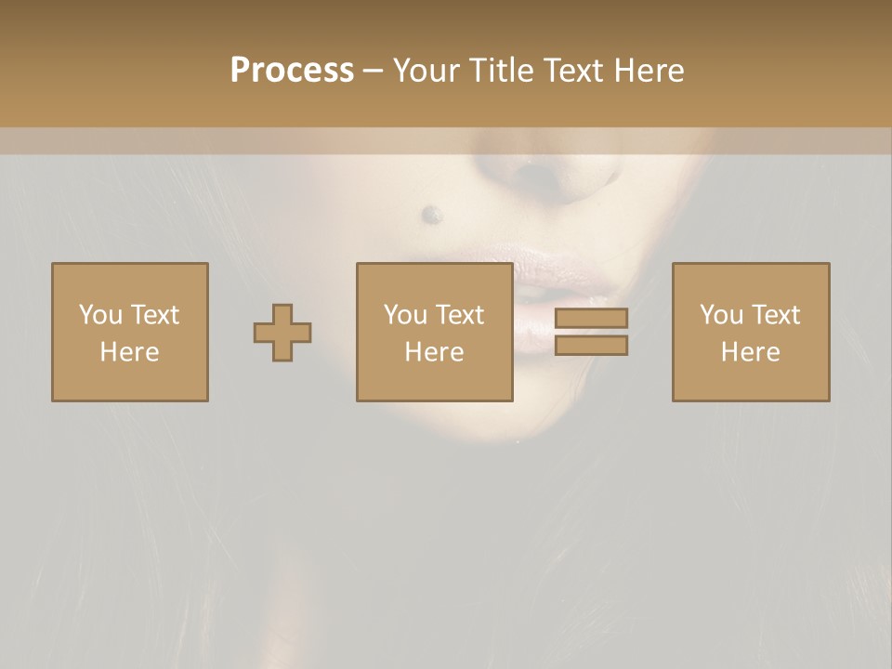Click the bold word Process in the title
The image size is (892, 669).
(292, 71)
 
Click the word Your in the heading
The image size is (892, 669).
(423, 71)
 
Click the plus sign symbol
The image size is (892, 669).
(282, 332)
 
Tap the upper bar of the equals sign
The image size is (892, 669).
(591, 318)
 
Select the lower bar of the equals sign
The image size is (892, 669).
(591, 345)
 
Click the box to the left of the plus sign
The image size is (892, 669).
(130, 332)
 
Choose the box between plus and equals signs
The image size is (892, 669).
(434, 332)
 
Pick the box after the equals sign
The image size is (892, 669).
(751, 332)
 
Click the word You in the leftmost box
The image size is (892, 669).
(100, 315)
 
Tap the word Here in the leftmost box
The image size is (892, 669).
(129, 352)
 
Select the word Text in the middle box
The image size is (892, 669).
(459, 315)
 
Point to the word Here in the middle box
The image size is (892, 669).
(434, 352)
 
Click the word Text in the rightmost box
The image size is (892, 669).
(775, 315)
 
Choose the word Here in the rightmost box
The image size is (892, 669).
(750, 352)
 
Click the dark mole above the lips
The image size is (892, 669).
(431, 215)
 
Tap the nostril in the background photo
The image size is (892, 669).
(533, 170)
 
